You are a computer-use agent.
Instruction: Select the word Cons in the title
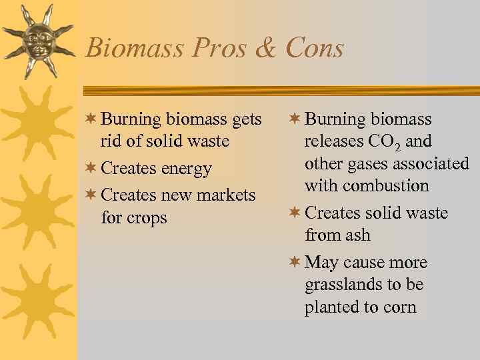point(315,49)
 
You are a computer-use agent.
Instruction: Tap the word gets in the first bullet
point(247,120)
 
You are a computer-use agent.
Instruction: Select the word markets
point(222,195)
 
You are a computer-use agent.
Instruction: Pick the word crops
point(146,218)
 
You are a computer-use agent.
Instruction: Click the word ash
point(357,235)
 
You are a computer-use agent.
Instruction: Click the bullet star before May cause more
point(295,262)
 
